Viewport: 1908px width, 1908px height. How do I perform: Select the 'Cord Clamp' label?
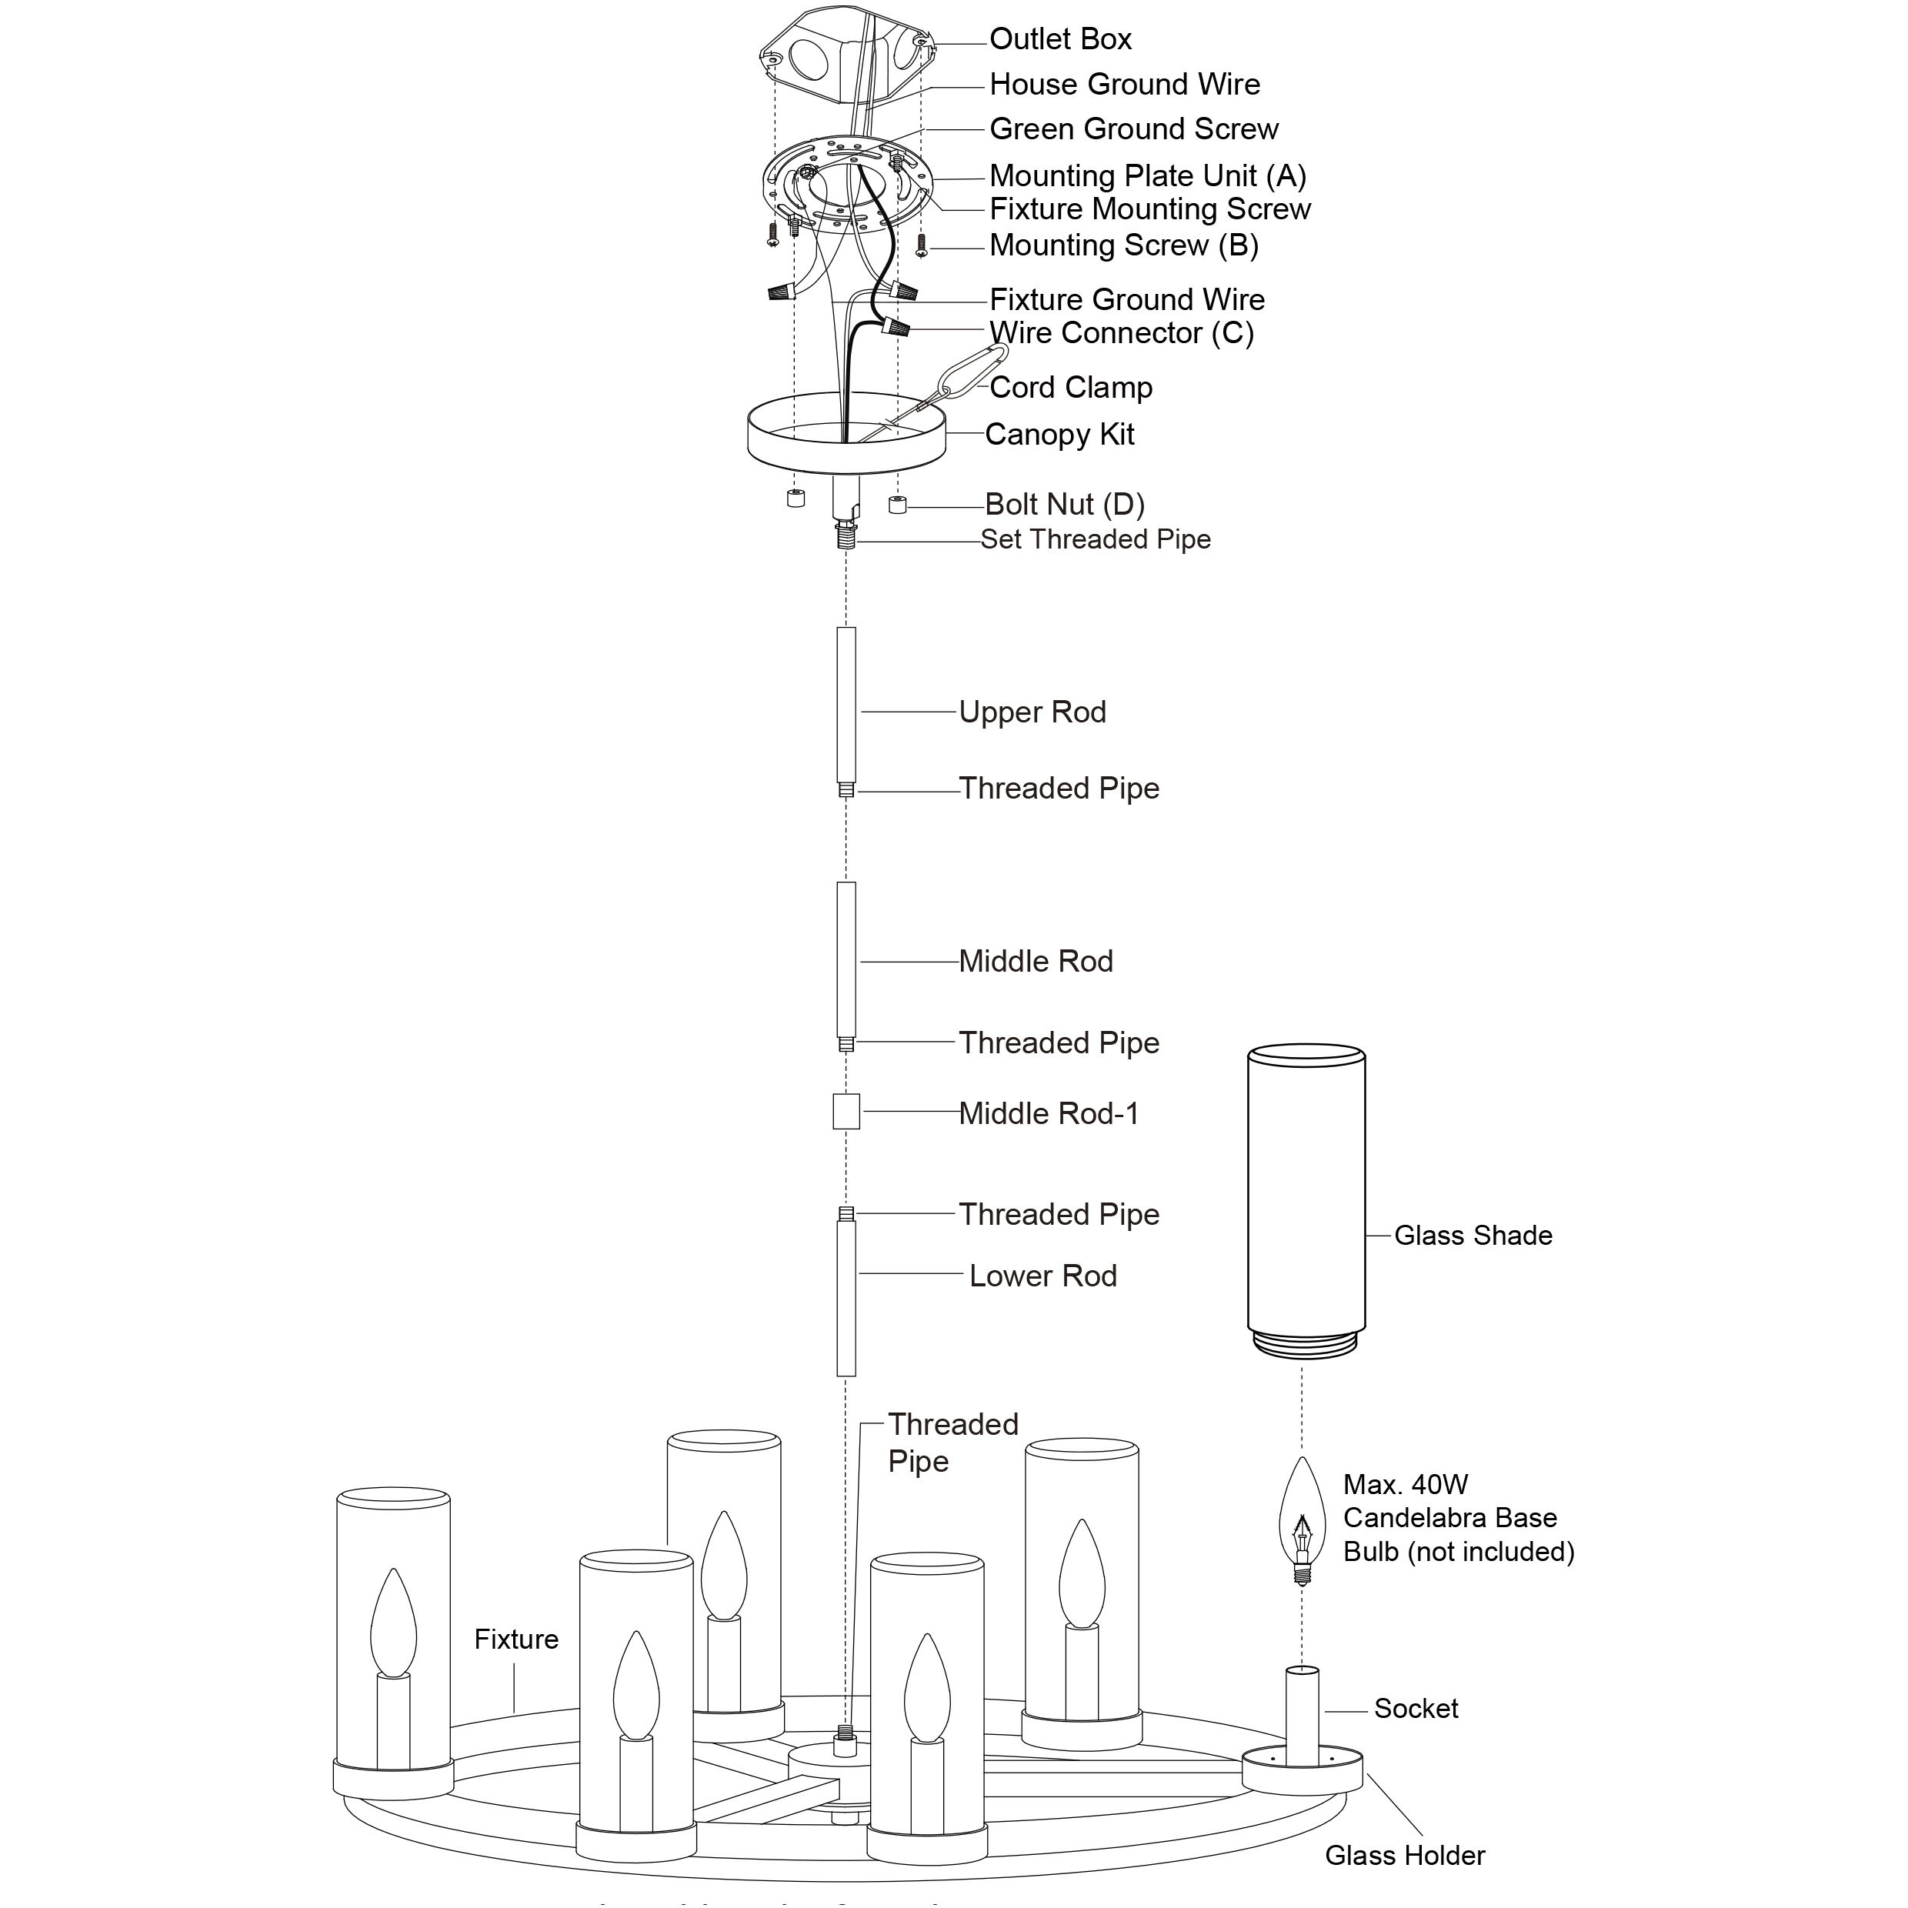tap(1070, 387)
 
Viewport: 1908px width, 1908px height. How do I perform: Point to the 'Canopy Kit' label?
tap(1059, 435)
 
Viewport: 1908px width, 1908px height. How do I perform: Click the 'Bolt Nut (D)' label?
tap(1065, 505)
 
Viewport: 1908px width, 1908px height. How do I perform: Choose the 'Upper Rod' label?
tap(1032, 712)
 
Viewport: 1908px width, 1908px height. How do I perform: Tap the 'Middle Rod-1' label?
tap(1049, 1114)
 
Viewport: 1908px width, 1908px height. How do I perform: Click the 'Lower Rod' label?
tap(1043, 1276)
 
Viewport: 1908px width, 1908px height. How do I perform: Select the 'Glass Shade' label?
tap(1473, 1236)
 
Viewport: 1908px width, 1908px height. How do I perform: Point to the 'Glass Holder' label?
tap(1404, 1856)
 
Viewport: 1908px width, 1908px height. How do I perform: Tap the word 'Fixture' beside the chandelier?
tap(515, 1639)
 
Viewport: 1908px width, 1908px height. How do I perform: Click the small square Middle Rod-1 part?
tap(846, 1112)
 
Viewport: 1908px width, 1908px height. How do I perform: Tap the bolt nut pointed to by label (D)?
tap(898, 505)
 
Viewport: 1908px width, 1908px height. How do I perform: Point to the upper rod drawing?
tap(846, 705)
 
